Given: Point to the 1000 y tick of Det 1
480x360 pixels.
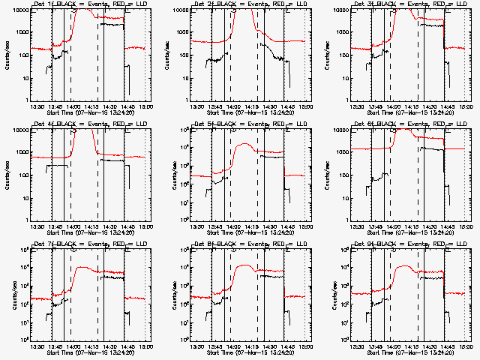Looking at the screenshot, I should [x=21, y=33].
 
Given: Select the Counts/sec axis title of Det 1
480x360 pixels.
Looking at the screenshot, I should [x=7, y=54].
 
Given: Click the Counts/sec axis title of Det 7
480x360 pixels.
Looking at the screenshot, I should [x=7, y=293].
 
